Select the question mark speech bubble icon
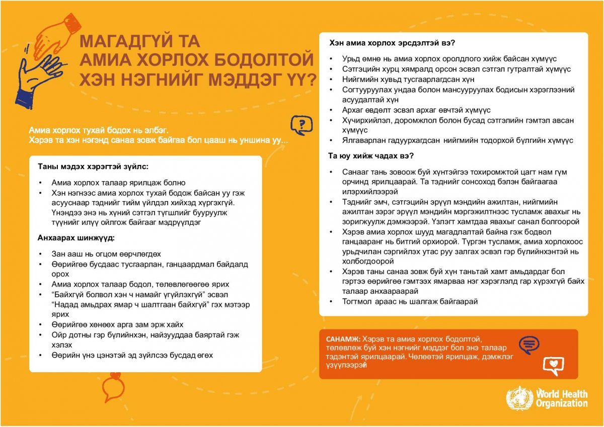click(301, 125)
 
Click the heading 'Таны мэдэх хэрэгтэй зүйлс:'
click(93, 166)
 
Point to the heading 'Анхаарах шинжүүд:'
click(76, 238)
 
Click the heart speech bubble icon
click(553, 365)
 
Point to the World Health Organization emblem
click(519, 398)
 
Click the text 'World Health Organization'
click(561, 398)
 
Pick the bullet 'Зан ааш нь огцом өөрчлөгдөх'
click(106, 254)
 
